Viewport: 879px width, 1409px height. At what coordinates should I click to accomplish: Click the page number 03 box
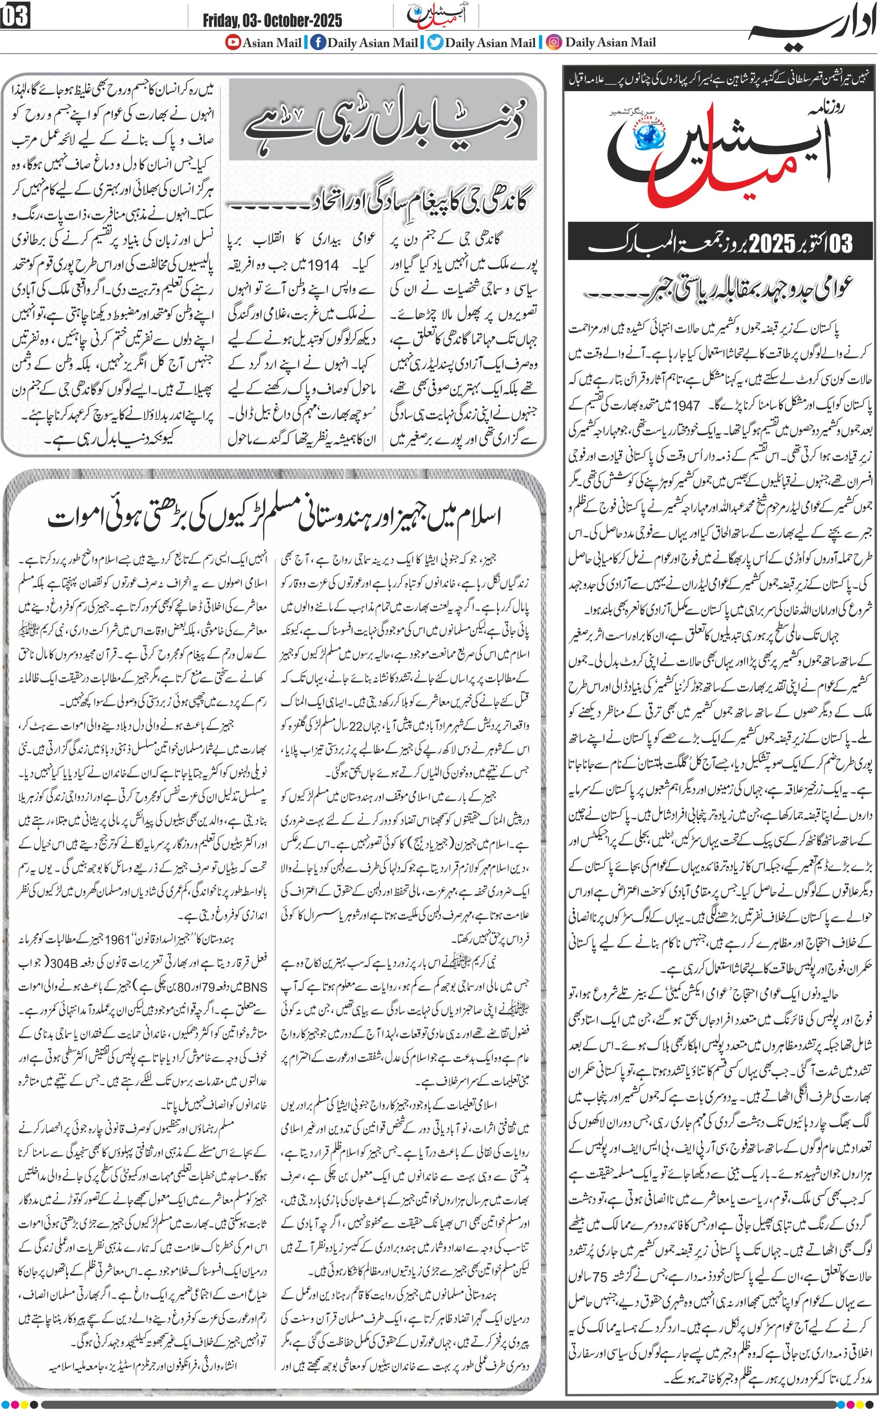point(15,16)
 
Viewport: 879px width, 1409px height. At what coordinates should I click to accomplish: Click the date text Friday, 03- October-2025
point(272,21)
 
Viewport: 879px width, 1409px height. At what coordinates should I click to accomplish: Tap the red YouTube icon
point(234,43)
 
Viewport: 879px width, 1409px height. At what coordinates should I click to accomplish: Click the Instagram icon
point(555,43)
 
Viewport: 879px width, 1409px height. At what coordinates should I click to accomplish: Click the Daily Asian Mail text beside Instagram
point(610,43)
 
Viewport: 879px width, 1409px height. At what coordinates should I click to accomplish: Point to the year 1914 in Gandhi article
point(323,265)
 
